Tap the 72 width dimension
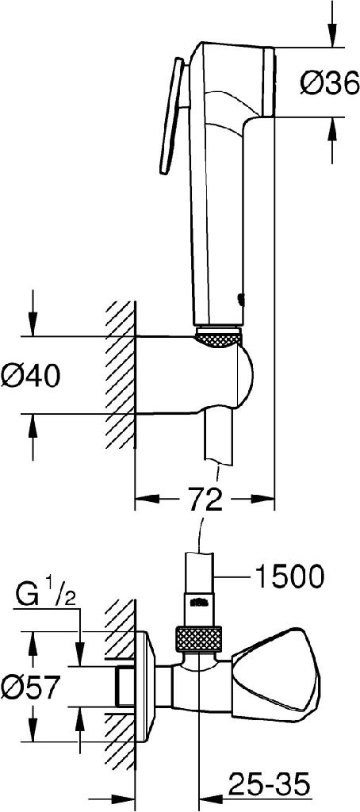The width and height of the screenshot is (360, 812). coord(204,500)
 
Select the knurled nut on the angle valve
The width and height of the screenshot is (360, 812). coord(197,639)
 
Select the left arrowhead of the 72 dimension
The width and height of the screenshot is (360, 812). coord(144,500)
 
